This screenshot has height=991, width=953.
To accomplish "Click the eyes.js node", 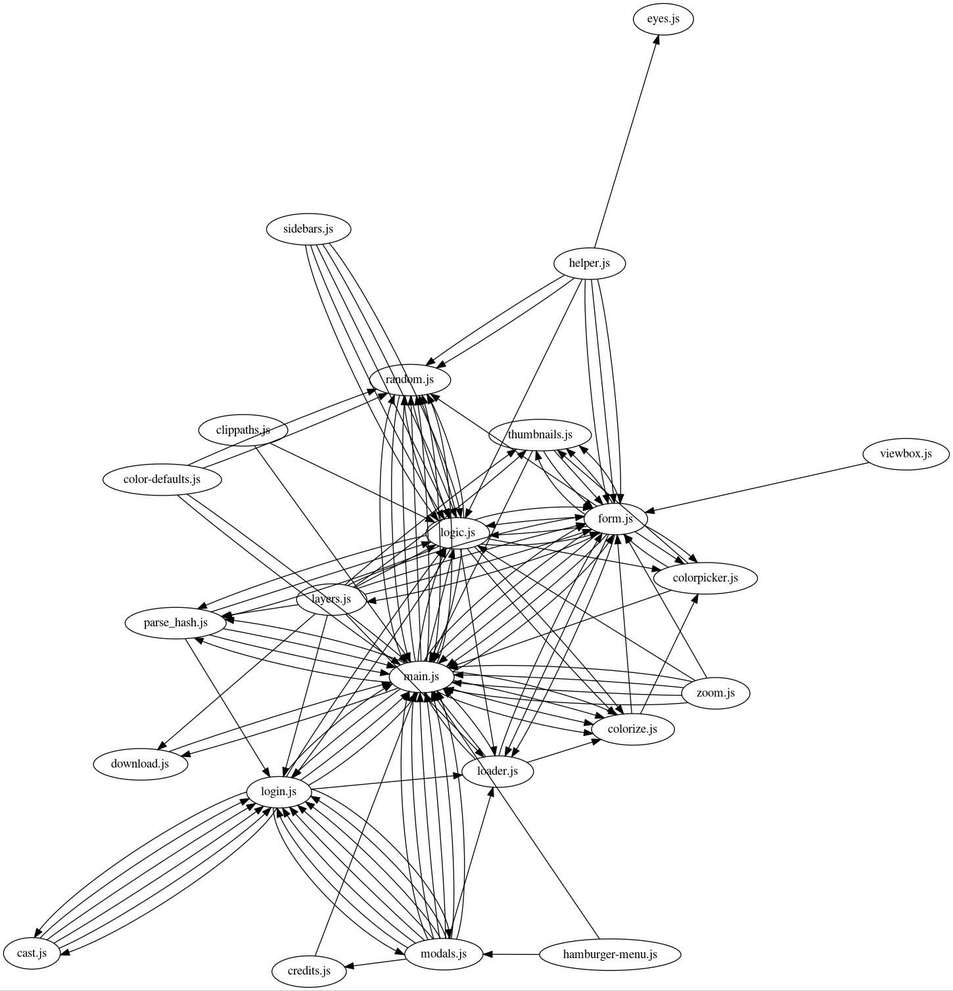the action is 663,19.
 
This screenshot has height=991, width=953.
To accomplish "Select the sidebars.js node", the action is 308,229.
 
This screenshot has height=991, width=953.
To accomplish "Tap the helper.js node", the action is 589,264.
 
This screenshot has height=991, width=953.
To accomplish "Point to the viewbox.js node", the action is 906,453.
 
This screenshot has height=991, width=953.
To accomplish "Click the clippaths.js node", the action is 243,430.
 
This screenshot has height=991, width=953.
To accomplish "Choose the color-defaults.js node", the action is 162,479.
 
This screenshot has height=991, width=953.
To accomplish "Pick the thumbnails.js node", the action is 540,435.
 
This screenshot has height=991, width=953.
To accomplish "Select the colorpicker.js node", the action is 705,578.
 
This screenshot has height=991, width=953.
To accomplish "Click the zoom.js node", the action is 715,693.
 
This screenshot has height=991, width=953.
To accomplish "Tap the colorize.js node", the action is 632,729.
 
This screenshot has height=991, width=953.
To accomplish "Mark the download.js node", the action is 140,764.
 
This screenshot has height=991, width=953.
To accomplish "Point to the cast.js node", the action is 32,953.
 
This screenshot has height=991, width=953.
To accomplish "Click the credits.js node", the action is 309,971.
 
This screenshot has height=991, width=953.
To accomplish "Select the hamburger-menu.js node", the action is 610,954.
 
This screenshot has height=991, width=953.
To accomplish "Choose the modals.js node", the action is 444,954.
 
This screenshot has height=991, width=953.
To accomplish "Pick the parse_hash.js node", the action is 175,622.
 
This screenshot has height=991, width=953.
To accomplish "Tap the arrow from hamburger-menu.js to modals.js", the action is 511,954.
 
